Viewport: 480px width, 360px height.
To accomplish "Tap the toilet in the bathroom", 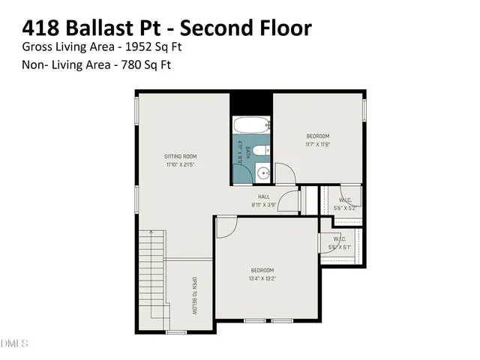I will click(260, 151).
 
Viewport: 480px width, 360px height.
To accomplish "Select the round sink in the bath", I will click(262, 173).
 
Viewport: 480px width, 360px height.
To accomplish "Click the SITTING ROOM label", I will click(180, 157).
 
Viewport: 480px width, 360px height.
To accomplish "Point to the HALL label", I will click(264, 196).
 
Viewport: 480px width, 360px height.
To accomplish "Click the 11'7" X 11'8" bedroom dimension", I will click(318, 144).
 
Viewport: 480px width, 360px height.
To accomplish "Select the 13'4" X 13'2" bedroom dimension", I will click(262, 279).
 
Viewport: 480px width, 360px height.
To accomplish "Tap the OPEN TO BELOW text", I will click(193, 296).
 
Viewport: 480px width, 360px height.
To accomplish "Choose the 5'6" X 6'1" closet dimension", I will click(340, 247).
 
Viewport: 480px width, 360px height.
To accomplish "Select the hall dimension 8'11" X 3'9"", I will click(264, 205).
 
